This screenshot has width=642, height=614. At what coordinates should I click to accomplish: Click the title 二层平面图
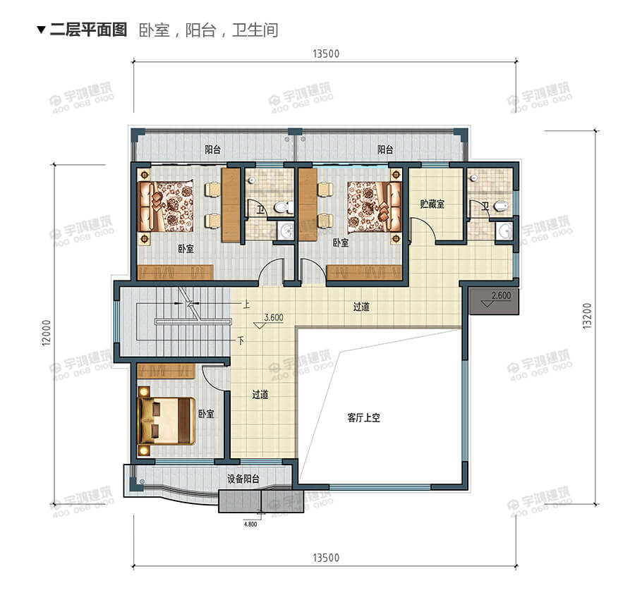[x=87, y=30]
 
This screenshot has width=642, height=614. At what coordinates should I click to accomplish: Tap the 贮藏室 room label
[x=432, y=204]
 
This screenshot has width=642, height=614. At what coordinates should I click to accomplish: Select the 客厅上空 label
[x=364, y=417]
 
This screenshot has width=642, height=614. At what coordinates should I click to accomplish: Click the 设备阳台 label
[x=243, y=479]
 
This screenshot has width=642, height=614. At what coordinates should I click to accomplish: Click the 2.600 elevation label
[x=500, y=296]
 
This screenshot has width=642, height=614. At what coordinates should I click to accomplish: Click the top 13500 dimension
[x=325, y=56]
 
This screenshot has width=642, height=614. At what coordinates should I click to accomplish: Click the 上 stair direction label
[x=246, y=305]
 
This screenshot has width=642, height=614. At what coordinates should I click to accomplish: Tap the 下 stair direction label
[x=241, y=340]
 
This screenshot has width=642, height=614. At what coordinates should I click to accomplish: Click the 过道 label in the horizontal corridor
[x=362, y=307]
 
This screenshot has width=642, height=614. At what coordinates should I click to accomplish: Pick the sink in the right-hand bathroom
[x=505, y=231]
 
